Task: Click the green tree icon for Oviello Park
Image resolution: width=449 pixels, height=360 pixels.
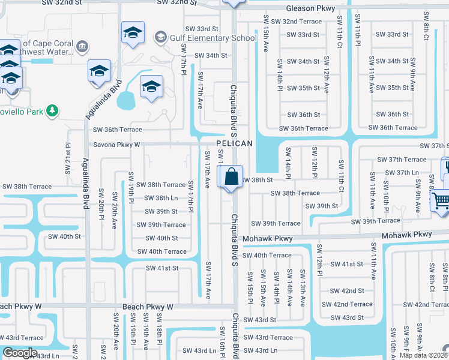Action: (x=53, y=110)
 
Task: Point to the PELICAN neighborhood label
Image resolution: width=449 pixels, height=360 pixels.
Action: (x=234, y=145)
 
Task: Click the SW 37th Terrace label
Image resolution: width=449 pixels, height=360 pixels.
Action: (x=402, y=160)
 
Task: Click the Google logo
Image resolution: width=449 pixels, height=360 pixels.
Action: (x=20, y=353)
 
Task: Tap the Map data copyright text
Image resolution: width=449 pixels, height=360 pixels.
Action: (x=423, y=355)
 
